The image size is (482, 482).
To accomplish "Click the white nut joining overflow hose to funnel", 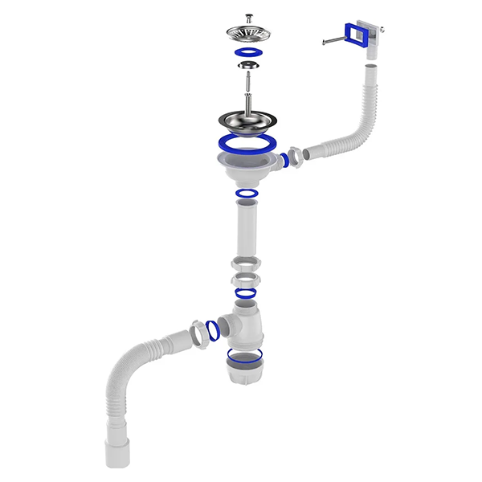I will [295, 153].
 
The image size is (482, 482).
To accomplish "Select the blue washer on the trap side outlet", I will [213, 329].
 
